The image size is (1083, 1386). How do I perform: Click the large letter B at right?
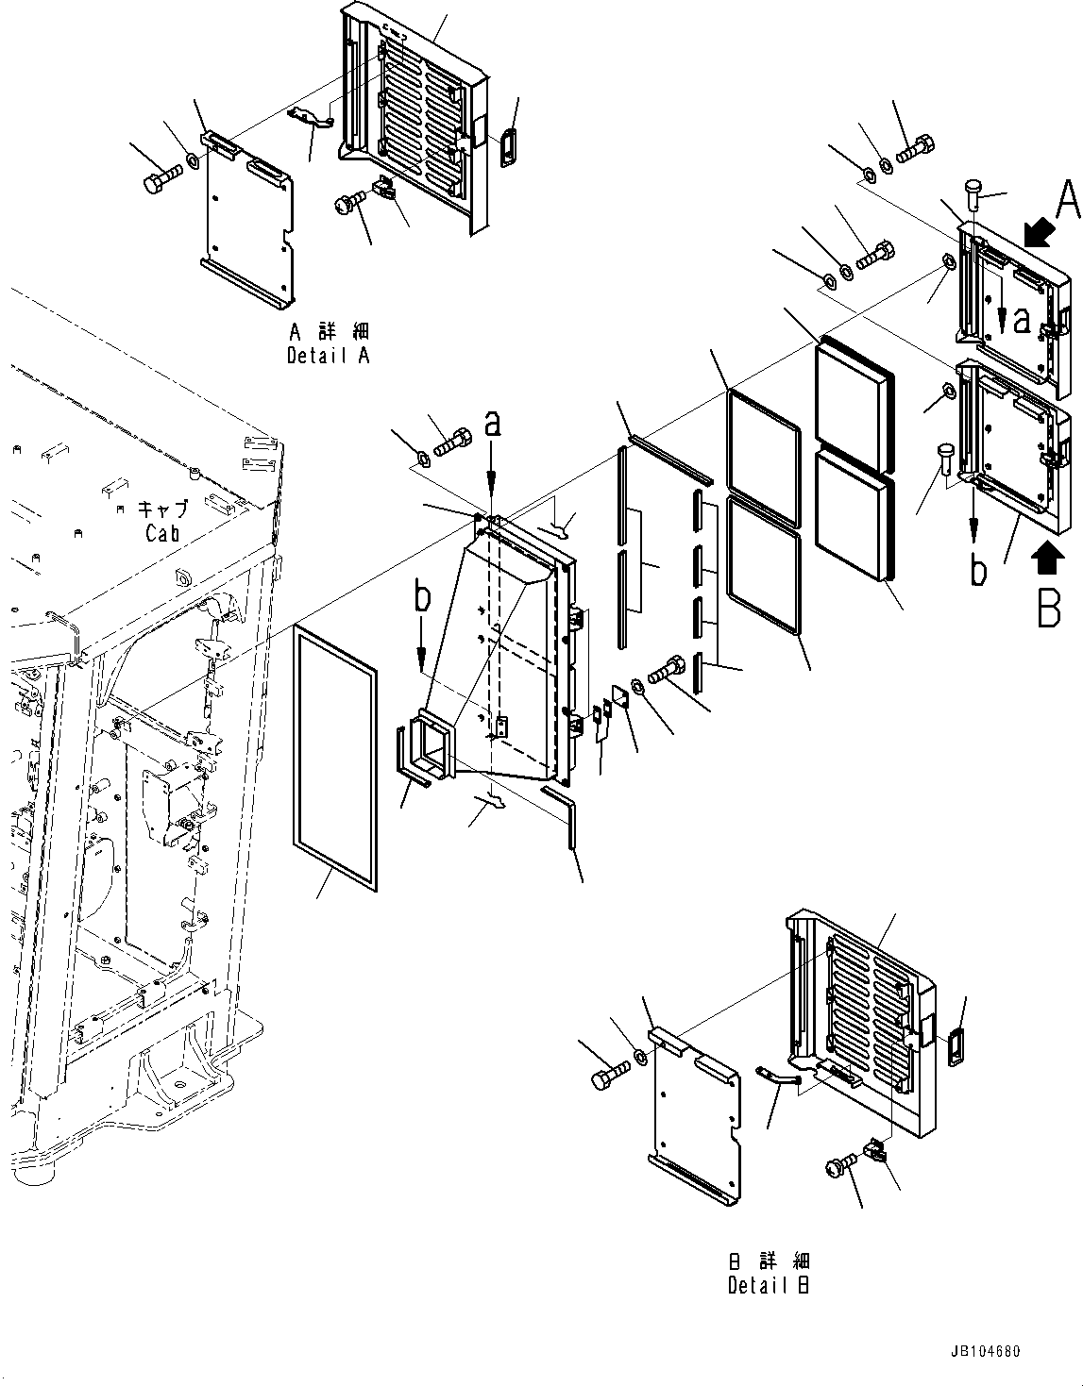(x=1049, y=609)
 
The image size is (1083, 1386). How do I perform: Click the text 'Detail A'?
(x=328, y=357)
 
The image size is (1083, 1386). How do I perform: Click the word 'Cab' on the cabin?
(x=162, y=533)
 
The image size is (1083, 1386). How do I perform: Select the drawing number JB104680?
(x=979, y=1352)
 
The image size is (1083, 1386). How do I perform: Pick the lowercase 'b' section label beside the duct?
(x=422, y=597)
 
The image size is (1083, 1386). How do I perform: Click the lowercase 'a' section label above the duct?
(x=491, y=425)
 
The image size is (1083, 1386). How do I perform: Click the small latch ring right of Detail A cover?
(x=509, y=146)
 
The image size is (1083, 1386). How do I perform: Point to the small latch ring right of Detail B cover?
(x=956, y=1046)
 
